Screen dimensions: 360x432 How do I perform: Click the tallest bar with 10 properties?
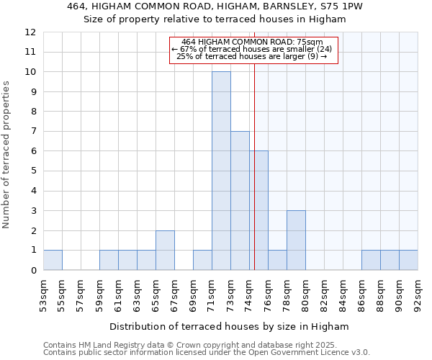tap(221, 171)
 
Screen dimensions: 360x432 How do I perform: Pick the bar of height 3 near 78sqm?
tap(296, 240)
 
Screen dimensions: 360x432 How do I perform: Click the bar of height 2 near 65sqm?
tap(165, 250)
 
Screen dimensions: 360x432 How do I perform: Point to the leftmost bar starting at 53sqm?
tap(53, 260)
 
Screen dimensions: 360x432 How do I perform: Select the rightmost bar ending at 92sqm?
tap(408, 260)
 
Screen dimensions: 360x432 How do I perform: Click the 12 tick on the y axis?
tap(30, 32)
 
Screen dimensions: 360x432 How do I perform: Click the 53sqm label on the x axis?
tap(43, 295)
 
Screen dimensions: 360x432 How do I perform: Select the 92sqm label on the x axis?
tap(418, 295)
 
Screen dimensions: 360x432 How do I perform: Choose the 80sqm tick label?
tap(305, 295)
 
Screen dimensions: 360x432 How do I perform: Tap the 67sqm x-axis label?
tap(174, 295)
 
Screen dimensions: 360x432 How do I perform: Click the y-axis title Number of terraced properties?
tap(6, 154)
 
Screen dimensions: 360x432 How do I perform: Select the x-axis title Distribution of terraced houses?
tap(229, 326)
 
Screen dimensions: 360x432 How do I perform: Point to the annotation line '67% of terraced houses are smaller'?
tap(253, 49)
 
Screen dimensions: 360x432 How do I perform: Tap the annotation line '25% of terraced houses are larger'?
tap(252, 56)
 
